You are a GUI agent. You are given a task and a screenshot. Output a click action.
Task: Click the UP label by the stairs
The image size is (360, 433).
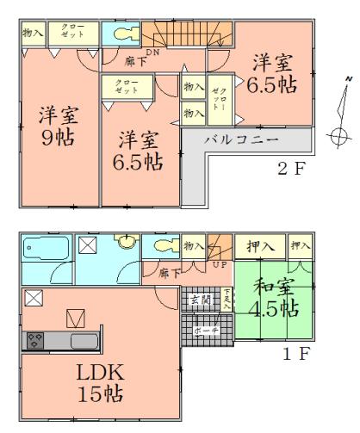[220, 264]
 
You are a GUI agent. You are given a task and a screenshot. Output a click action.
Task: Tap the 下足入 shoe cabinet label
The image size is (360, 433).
[227, 300]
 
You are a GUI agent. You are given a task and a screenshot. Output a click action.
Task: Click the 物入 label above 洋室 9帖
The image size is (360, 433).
[31, 32]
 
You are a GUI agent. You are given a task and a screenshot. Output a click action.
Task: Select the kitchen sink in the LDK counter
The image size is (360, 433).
[84, 340]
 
